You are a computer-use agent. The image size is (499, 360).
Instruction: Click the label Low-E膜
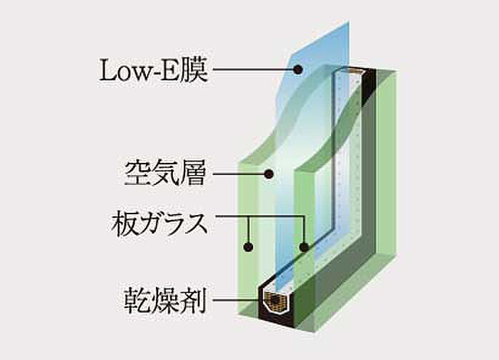coord(154,71)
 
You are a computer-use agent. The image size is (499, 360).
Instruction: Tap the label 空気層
coord(165,174)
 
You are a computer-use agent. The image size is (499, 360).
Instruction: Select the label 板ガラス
coord(159,224)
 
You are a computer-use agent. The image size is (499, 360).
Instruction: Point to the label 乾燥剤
coord(165,300)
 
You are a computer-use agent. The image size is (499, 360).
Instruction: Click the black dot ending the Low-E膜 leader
coord(298,69)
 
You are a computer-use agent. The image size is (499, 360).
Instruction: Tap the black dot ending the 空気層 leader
coord(270,174)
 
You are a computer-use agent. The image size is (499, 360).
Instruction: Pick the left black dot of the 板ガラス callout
coord(248,246)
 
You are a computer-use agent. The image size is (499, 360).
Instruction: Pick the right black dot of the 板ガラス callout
coord(305,246)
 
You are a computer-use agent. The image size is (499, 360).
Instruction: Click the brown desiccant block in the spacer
coord(276,301)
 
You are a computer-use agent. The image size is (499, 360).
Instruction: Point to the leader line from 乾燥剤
coord(236,299)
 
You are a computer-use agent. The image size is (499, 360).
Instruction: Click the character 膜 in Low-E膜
coord(195,70)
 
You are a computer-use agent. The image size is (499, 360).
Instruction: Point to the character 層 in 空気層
coord(194,174)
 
